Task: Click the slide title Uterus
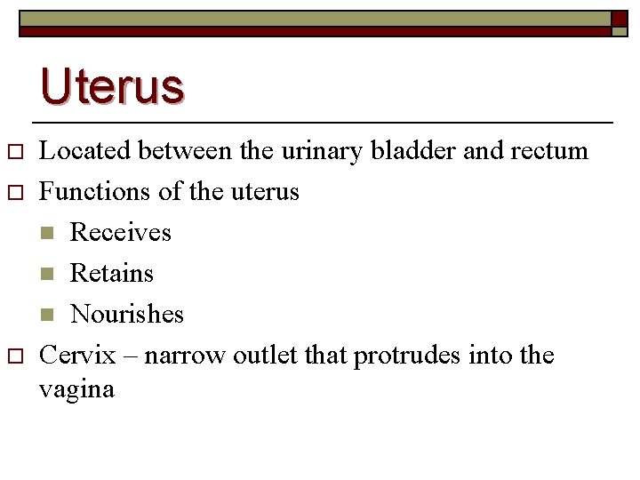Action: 112,86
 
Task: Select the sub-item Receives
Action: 120,232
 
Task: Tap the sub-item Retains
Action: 112,273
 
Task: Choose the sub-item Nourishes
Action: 127,314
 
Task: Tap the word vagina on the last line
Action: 77,389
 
